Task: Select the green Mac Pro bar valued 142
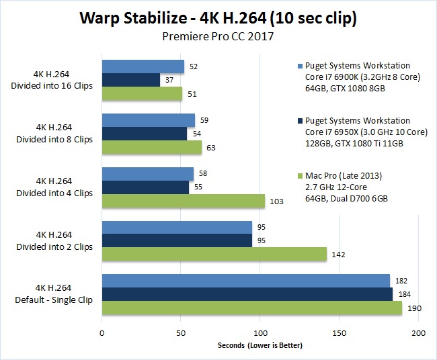point(214,254)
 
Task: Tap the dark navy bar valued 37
point(130,80)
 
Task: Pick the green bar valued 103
point(183,201)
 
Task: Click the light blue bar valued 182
point(245,280)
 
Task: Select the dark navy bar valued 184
point(247,294)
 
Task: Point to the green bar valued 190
point(251,308)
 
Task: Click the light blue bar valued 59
point(148,120)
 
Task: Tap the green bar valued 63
point(151,147)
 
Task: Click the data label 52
point(194,66)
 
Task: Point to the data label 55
point(198,187)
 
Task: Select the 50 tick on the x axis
point(181,332)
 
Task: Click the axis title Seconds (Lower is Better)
point(260,346)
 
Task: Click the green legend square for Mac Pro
point(298,177)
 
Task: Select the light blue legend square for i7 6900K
point(298,66)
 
